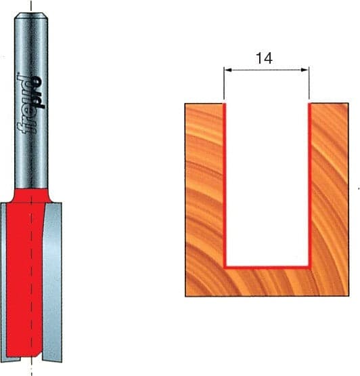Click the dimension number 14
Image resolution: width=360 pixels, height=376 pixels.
[264, 58]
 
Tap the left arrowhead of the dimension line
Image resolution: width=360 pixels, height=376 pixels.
[228, 70]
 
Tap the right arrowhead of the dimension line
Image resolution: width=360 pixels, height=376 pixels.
[305, 70]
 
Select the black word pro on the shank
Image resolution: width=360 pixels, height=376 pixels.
[38, 92]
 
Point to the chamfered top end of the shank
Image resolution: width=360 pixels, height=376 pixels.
[31, 16]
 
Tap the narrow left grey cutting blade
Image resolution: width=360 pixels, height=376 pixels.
[3, 280]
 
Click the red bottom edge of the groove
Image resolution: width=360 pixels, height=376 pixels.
[267, 267]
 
